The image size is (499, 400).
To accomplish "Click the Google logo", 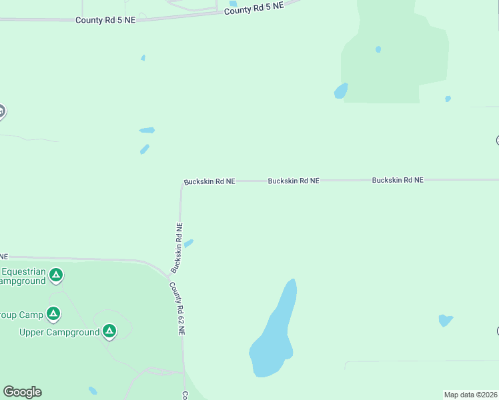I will (22, 392).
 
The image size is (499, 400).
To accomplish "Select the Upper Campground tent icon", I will (109, 331).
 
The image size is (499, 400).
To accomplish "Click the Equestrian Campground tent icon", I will (57, 274).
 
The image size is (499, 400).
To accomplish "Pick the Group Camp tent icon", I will (53, 313).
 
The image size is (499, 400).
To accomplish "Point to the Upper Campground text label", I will (59, 332).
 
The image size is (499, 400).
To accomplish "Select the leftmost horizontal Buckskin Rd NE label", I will (209, 181).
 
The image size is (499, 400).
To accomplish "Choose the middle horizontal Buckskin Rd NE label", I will (294, 181).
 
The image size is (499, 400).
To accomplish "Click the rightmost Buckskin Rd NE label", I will (398, 180).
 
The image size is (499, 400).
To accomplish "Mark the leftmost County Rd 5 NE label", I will (105, 21).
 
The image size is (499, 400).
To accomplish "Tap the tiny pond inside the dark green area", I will (378, 49).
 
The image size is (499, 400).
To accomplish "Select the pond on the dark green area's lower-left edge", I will (341, 91).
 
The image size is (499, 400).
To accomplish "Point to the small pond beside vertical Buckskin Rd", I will (189, 243).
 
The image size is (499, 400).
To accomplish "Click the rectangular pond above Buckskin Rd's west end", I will (147, 130).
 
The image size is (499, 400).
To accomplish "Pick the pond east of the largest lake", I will (446, 321).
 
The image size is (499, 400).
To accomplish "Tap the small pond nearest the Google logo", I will (93, 391).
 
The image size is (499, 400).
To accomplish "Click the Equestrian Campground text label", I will (23, 276).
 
